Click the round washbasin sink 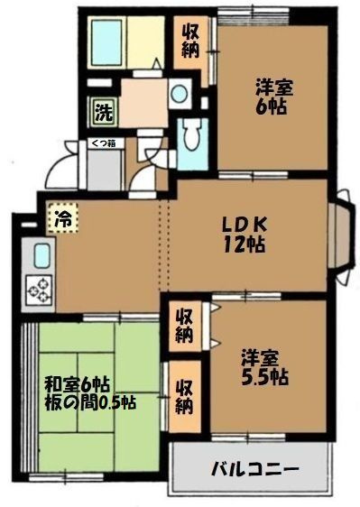click(x=180, y=93)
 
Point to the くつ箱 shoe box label click(x=100, y=142)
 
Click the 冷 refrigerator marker click(x=63, y=217)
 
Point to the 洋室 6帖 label click(x=272, y=97)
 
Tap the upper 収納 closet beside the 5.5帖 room click(x=183, y=327)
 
